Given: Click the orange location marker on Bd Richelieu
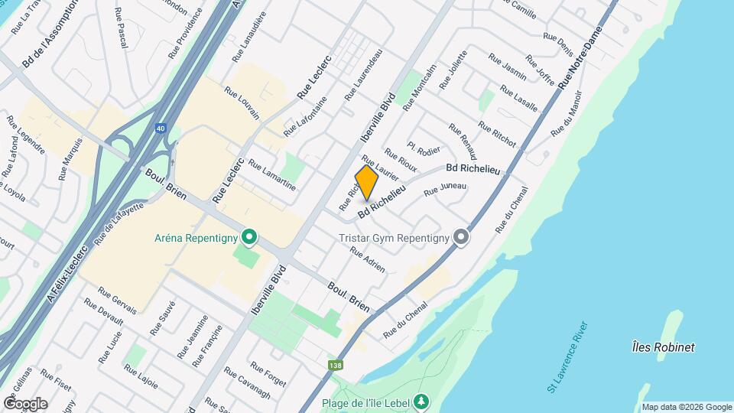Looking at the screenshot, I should (367, 183).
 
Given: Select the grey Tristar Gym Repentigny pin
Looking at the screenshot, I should (460, 238).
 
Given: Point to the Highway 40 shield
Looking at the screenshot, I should (159, 129).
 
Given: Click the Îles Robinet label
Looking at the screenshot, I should (664, 347).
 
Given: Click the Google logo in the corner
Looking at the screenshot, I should (25, 403).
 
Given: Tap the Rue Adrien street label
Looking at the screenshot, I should (367, 259).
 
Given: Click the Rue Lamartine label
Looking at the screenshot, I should (271, 175).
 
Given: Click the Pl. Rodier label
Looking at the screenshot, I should (424, 150).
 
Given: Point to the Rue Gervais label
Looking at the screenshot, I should (117, 301).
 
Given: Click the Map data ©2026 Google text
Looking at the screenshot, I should (686, 407).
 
